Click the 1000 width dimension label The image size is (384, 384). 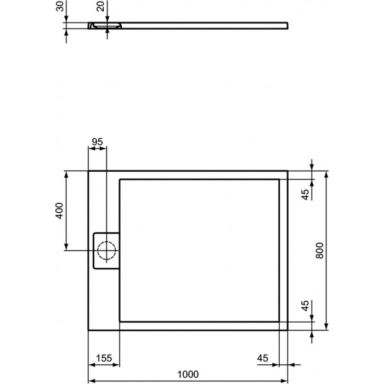(188, 374)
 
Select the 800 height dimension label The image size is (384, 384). (320, 251)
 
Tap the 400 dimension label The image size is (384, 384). (59, 211)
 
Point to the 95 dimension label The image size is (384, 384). (97, 142)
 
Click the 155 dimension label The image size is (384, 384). (104, 358)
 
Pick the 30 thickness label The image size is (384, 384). (60, 6)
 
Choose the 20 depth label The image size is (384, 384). (100, 6)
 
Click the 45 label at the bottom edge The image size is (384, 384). (263, 358)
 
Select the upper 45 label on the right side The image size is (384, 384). (306, 194)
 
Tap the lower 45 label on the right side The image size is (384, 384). (305, 306)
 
